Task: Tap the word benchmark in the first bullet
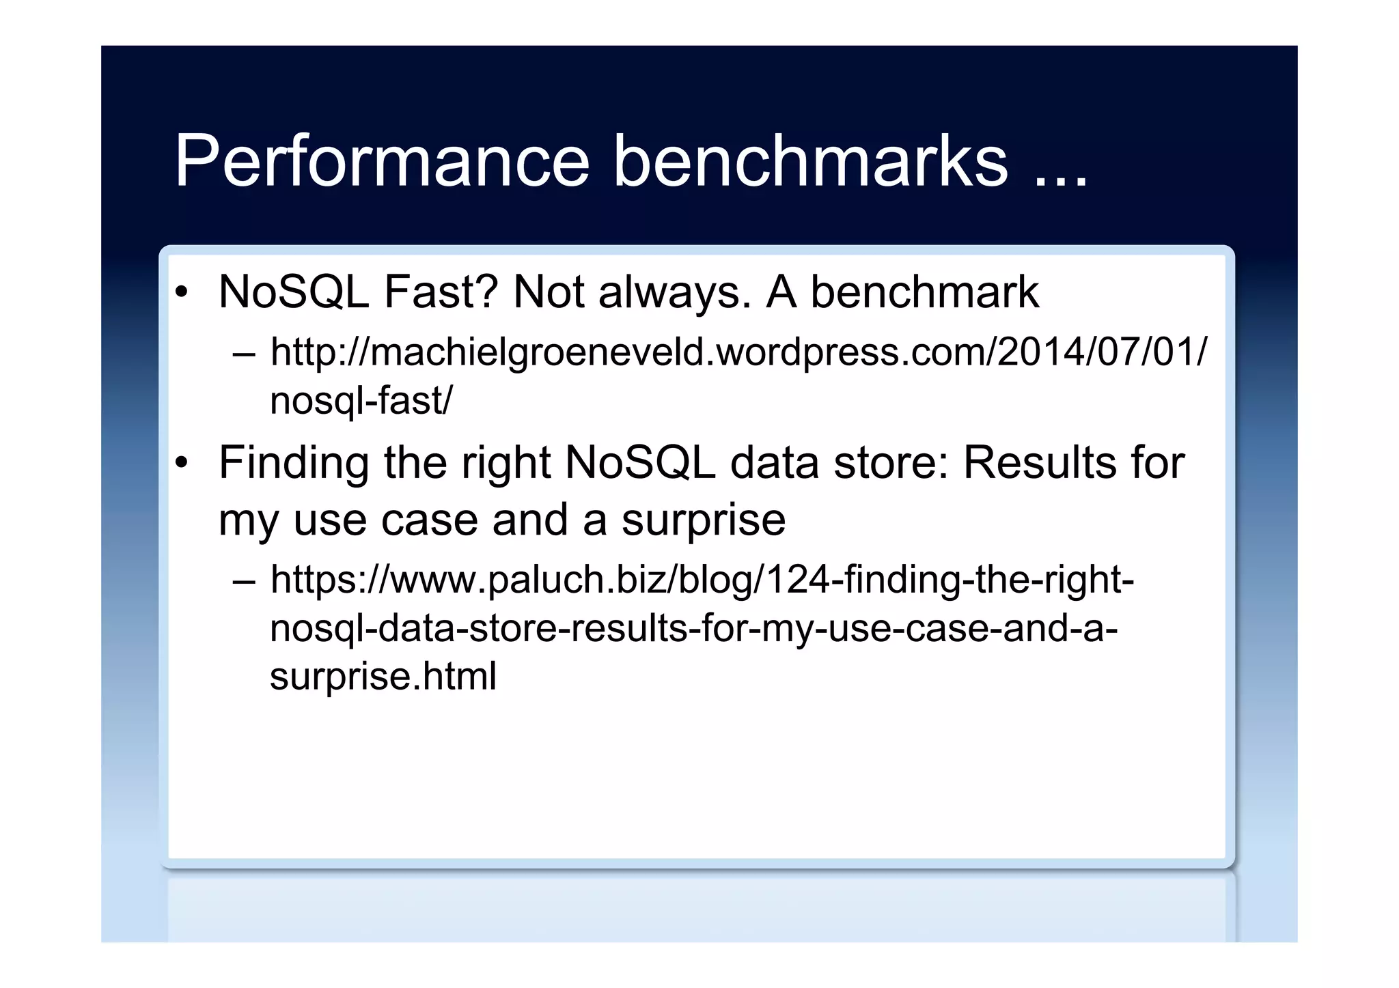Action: (x=925, y=292)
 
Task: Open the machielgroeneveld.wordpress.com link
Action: (x=738, y=352)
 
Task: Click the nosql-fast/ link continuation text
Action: (x=361, y=400)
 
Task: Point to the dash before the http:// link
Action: (x=244, y=354)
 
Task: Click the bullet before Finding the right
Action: (x=181, y=464)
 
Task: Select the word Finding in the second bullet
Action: (x=294, y=463)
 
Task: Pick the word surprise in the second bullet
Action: (x=703, y=520)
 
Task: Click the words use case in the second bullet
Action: (x=386, y=520)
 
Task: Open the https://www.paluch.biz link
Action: (x=702, y=580)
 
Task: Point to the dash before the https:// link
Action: (x=244, y=581)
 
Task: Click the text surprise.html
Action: (x=383, y=676)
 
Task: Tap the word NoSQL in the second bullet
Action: (x=640, y=463)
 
